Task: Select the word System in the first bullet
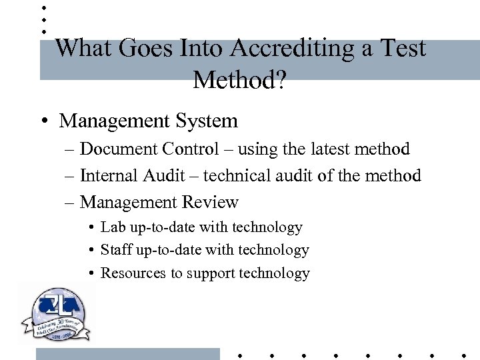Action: click(207, 121)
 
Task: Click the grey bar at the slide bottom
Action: click(127, 354)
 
